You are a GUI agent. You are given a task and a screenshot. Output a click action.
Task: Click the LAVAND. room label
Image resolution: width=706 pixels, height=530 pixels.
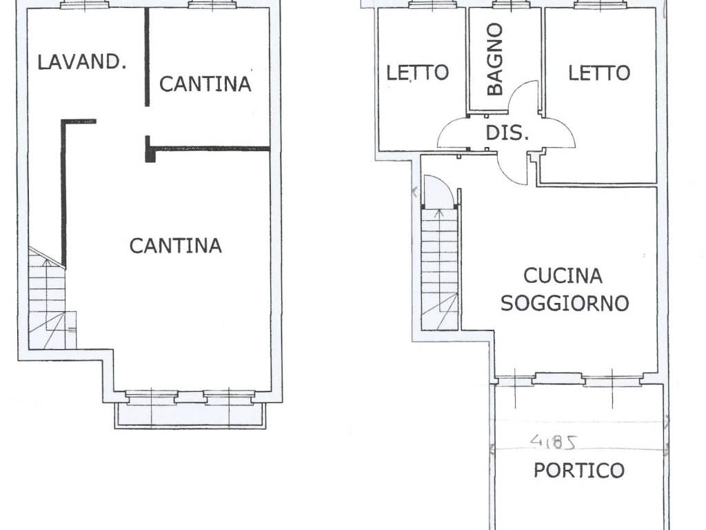click(x=81, y=61)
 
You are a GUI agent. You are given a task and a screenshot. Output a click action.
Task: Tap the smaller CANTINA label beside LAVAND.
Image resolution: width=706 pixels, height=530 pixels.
click(x=205, y=84)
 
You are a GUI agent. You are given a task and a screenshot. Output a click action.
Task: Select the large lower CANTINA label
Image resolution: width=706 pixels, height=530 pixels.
click(x=176, y=246)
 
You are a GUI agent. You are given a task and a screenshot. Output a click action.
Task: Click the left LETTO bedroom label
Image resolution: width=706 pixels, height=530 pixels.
click(x=418, y=72)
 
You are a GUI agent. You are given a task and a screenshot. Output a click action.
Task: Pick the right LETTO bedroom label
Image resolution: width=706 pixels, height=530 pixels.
click(x=599, y=73)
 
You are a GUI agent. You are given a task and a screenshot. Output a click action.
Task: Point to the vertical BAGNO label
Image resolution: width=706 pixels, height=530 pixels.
click(x=495, y=59)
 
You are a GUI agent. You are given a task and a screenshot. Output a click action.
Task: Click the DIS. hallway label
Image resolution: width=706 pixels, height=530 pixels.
click(x=507, y=133)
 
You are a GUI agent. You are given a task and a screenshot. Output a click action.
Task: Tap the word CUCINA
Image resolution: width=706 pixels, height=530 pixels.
click(x=563, y=276)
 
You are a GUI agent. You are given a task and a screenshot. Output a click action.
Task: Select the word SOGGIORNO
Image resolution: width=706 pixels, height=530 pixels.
click(x=565, y=303)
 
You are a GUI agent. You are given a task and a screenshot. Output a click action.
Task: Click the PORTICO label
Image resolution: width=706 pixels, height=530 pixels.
click(x=579, y=471)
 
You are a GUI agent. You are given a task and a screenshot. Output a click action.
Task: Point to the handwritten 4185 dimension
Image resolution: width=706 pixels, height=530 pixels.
click(x=554, y=442)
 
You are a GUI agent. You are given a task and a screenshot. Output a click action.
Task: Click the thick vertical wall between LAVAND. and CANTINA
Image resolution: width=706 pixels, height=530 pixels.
click(x=147, y=57)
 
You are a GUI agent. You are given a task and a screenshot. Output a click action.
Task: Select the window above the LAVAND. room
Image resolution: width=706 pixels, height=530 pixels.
click(x=85, y=5)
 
